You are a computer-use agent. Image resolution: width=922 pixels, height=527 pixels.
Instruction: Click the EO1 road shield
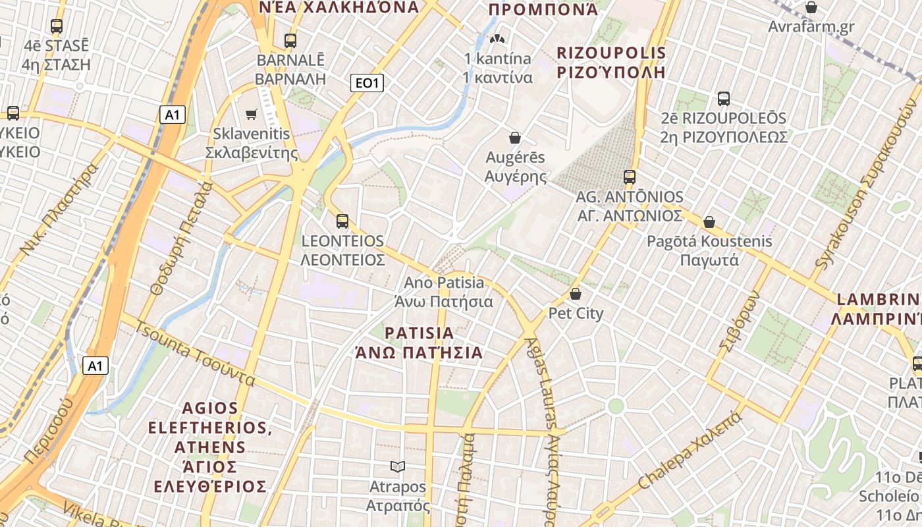[367, 83]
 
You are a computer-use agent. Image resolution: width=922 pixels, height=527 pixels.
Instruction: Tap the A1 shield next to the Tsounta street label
[95, 366]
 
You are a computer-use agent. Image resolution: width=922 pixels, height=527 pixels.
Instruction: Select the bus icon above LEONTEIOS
[342, 221]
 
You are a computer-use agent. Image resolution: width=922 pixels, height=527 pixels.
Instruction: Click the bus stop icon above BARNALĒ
[290, 40]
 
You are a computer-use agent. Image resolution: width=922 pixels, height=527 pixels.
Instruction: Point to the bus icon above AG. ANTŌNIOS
[630, 177]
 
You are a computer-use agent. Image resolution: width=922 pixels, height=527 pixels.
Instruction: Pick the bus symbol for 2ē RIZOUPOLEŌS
[724, 99]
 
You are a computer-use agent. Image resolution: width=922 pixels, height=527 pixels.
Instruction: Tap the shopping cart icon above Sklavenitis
[251, 115]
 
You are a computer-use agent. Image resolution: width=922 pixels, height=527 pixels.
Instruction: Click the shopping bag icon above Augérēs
[515, 138]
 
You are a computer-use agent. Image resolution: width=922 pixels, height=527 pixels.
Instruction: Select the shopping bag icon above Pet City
[576, 294]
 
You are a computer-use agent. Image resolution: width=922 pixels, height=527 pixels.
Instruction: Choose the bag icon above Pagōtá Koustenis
[709, 222]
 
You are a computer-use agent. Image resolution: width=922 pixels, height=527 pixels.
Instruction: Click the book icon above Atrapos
[397, 467]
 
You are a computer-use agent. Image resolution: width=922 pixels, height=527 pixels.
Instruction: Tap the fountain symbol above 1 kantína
[499, 40]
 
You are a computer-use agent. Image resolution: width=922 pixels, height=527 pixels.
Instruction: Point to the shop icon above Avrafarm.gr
[811, 8]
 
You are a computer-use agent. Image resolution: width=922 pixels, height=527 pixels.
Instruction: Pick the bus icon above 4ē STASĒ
[57, 26]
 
